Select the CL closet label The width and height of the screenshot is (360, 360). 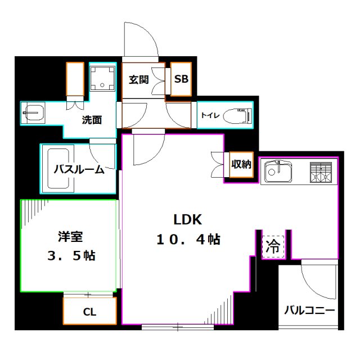coord(89,312)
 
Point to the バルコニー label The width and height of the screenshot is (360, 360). coord(309,310)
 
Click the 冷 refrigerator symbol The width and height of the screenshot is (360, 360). coord(273,245)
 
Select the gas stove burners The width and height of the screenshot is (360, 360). coord(321,171)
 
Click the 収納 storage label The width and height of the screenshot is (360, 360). coord(241,164)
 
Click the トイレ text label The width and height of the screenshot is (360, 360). coord(208,116)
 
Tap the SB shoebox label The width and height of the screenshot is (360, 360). coord(181,79)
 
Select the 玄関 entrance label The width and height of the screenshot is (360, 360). coord(138,79)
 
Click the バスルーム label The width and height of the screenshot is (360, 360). coord(79,169)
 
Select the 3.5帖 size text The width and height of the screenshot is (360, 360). coord(71,256)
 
